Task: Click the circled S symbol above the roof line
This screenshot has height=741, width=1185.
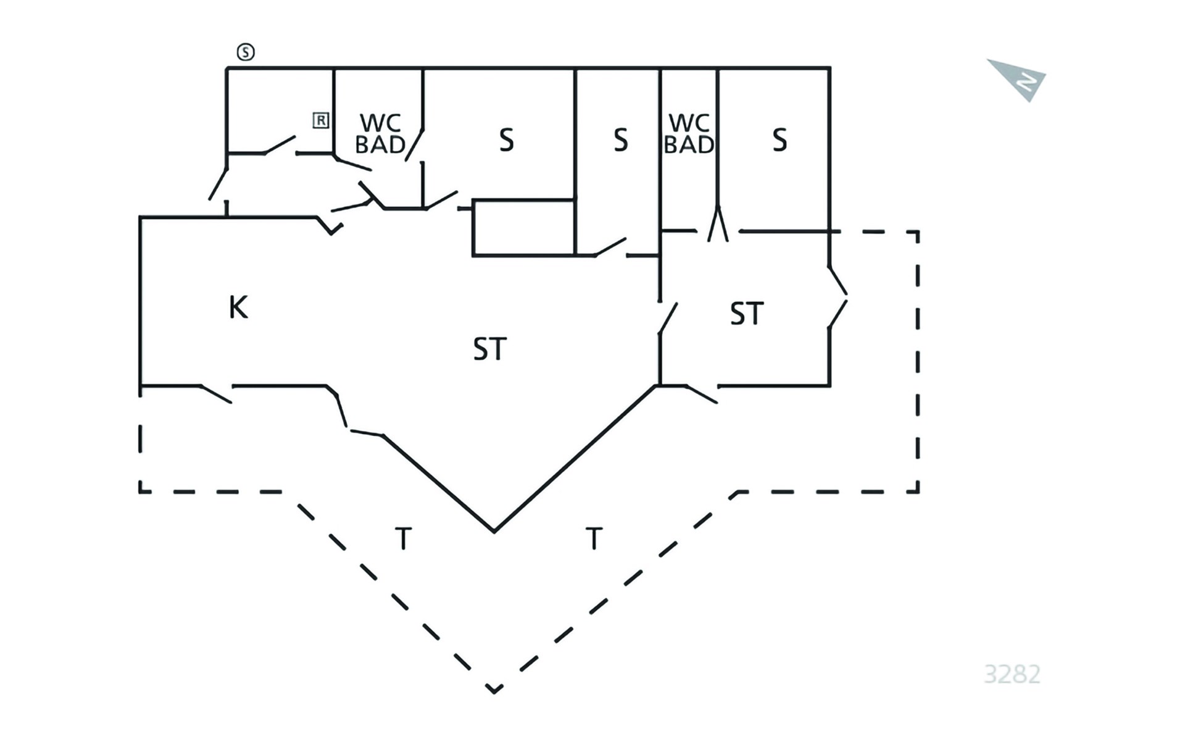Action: pos(246,52)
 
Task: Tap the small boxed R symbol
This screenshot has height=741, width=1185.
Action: pos(321,120)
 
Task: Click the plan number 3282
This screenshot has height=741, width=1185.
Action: pos(1012,674)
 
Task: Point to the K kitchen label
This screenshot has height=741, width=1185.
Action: pos(238,307)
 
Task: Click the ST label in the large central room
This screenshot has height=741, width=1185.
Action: pos(490,350)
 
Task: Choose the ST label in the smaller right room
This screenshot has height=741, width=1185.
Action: pos(747,314)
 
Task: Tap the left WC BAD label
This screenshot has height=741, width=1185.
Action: pos(380,133)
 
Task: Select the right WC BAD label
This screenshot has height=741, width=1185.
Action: pos(689,133)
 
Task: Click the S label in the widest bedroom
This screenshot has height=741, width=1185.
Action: pos(506,140)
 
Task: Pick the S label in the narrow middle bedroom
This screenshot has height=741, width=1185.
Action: pos(621,140)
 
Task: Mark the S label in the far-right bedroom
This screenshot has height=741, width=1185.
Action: pos(780,140)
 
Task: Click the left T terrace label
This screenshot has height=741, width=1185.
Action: pos(403,538)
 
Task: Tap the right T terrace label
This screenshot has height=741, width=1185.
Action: pos(594,538)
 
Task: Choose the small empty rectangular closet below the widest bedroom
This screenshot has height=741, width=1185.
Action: pos(524,227)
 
